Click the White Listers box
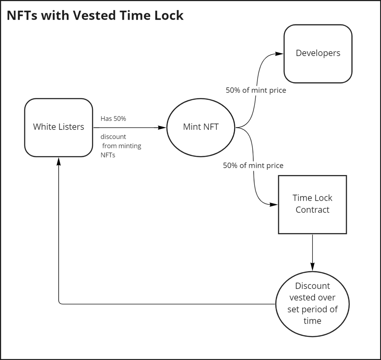(59, 127)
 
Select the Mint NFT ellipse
(201, 127)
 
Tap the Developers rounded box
(318, 54)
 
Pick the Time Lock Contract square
(312, 204)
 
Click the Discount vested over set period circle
(312, 304)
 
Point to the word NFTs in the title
(22, 15)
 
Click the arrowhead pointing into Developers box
(279, 54)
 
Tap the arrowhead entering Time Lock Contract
(274, 205)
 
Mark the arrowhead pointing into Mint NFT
(162, 128)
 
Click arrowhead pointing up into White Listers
(59, 161)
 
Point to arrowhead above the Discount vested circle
(312, 266)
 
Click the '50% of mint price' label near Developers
(256, 90)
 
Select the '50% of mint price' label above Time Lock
(253, 166)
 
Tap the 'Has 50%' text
(113, 119)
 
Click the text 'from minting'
(121, 146)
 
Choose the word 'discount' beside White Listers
(113, 137)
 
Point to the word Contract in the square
(312, 210)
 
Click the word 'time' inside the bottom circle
(312, 321)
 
